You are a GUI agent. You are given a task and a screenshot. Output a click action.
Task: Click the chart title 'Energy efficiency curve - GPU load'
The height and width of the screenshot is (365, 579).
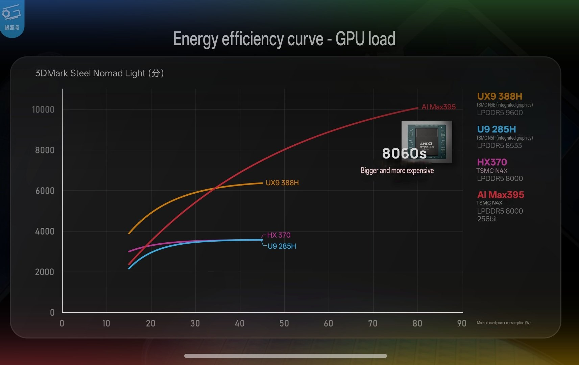[284, 39]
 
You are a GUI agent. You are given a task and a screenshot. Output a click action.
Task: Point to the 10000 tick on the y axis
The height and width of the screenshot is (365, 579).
[43, 109]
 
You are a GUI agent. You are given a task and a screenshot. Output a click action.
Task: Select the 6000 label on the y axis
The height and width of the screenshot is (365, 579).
[45, 191]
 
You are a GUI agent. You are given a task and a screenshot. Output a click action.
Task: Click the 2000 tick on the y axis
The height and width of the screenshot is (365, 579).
[44, 272]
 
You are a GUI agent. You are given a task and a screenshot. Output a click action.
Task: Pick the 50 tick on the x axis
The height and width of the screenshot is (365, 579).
[284, 323]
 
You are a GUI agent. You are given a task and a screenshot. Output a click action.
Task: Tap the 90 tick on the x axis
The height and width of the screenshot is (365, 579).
[462, 323]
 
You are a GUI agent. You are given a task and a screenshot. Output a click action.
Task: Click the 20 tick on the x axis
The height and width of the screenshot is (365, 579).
[151, 323]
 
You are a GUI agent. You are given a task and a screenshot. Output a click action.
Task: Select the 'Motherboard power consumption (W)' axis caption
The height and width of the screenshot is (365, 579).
[504, 323]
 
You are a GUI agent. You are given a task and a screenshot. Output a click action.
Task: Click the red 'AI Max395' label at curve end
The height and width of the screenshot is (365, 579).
[438, 107]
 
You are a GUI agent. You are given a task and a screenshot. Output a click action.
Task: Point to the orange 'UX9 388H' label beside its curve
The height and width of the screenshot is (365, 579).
[282, 183]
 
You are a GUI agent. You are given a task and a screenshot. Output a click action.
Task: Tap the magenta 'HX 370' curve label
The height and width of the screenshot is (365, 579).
[279, 235]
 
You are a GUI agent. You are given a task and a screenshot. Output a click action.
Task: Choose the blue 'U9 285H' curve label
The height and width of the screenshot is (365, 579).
[282, 246]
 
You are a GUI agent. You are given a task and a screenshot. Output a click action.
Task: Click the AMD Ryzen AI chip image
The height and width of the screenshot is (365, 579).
[427, 141]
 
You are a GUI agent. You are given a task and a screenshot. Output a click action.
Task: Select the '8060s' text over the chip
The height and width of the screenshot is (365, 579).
[404, 153]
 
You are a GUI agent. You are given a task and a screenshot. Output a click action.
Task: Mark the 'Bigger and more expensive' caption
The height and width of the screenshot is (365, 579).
[397, 171]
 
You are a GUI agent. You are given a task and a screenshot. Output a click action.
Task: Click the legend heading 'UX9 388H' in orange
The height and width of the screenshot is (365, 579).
[500, 96]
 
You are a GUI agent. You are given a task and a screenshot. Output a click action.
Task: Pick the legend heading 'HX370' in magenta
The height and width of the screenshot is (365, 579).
[492, 162]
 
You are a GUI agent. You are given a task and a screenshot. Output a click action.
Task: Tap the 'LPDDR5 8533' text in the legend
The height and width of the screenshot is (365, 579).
[499, 146]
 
